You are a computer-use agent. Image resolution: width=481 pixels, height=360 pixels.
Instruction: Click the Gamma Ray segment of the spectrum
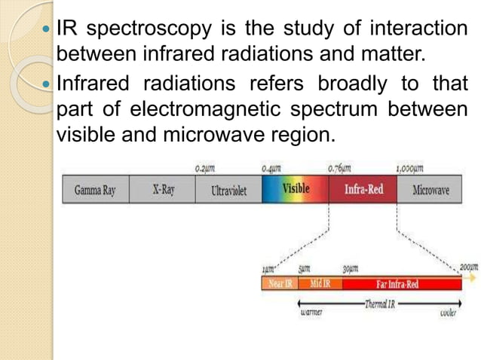point(95,190)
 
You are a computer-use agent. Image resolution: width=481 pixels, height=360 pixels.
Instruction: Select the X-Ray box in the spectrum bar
point(163,190)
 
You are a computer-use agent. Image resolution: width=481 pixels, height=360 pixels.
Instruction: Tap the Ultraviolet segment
point(229,190)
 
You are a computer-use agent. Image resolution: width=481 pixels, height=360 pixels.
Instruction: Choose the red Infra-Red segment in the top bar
point(363,189)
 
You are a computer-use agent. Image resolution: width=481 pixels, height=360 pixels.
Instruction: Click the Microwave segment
point(430,190)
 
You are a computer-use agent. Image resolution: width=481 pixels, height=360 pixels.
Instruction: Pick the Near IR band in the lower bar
point(282,284)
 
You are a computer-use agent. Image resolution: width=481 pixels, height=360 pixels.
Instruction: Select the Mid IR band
point(324,284)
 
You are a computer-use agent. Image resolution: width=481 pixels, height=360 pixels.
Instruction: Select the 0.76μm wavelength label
point(338,169)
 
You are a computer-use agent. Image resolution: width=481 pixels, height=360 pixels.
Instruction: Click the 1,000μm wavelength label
point(409,169)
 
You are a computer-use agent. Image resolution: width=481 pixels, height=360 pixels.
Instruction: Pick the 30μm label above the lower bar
point(351,269)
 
